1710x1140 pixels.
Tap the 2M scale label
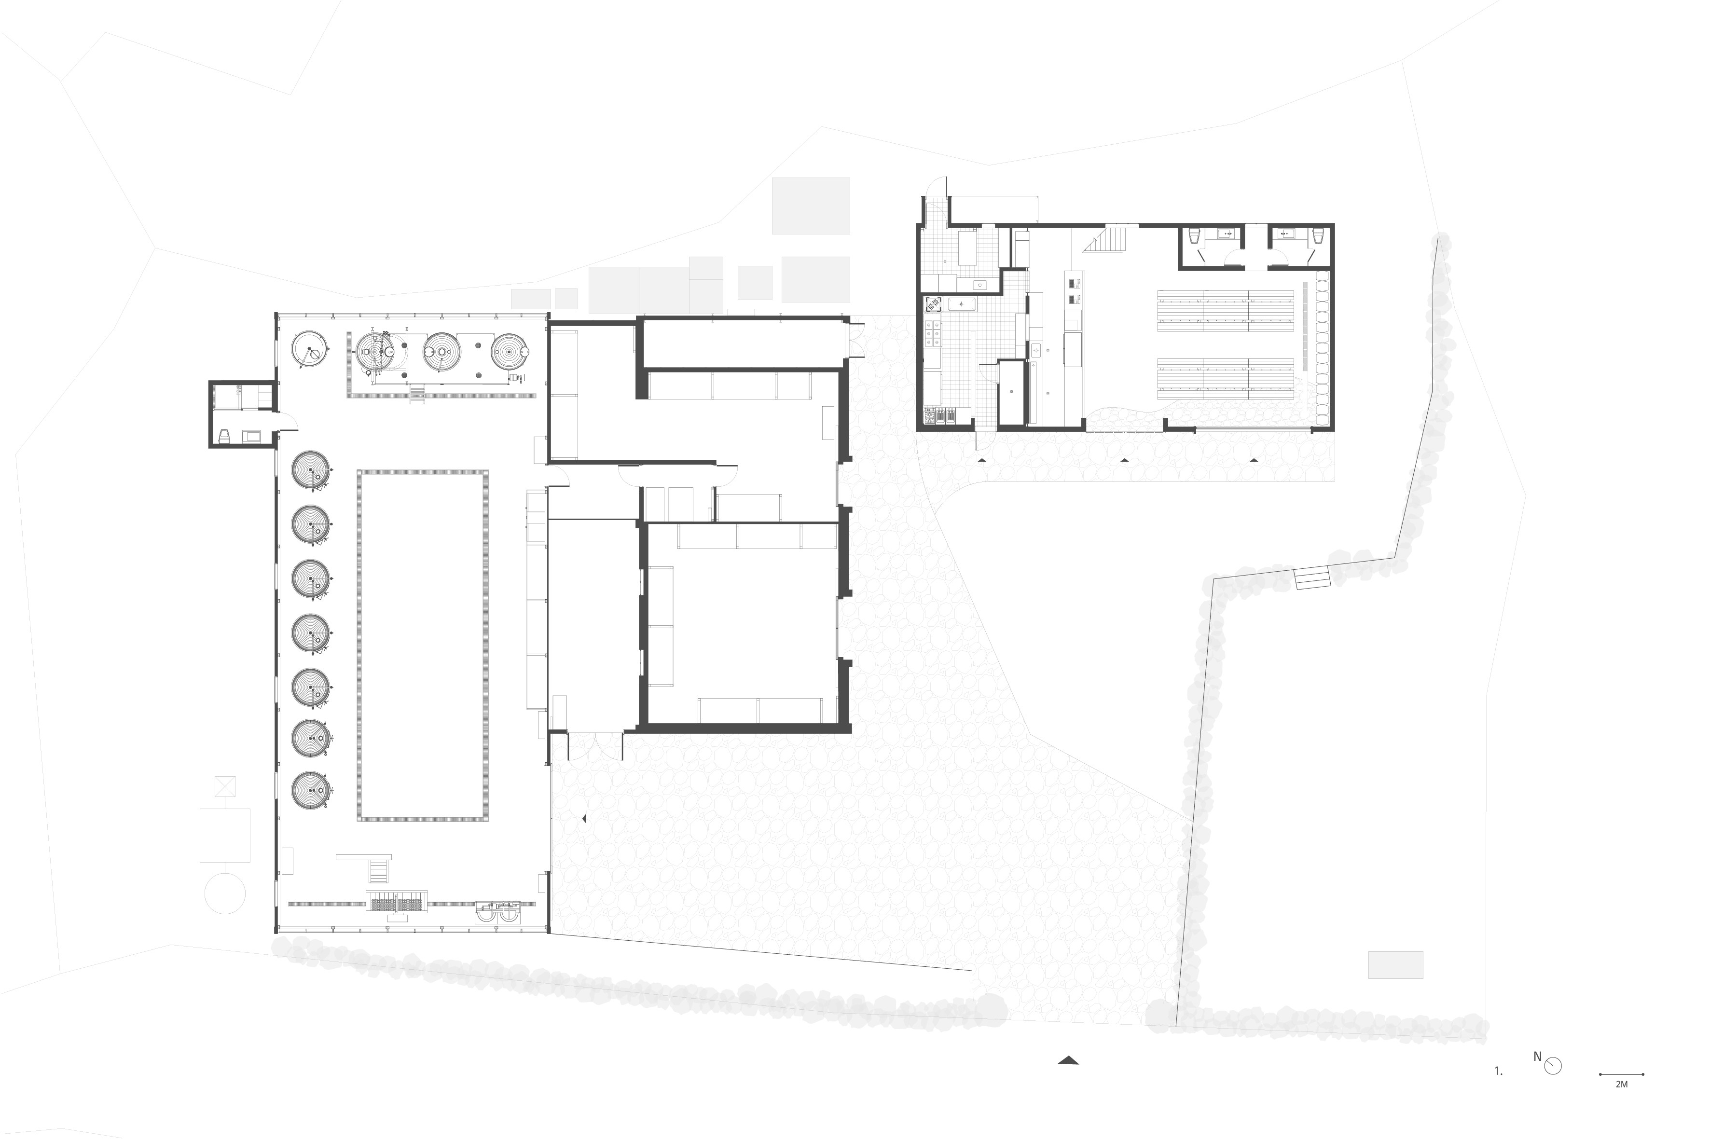1621,1085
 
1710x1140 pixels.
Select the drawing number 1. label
1499,1071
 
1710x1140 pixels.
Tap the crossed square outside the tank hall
225,786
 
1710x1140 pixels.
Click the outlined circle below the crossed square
225,893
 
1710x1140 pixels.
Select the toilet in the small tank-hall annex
225,436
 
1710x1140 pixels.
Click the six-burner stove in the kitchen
933,334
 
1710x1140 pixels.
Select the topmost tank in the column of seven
310,470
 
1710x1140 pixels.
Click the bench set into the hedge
1312,579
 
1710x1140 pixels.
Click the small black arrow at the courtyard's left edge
584,819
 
